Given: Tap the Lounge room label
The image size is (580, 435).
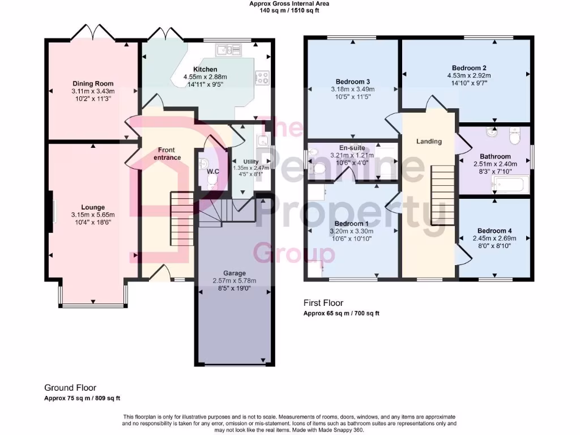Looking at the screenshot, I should coord(93,207).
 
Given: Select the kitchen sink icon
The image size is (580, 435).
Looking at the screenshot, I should coord(229,50).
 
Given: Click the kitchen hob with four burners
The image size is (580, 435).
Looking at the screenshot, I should coord(262,78).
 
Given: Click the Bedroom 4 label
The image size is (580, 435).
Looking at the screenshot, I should coord(494,231).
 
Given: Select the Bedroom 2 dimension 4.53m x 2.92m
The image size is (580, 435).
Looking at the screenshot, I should coord(467,75).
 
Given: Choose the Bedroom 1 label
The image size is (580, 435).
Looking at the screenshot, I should coord(352,224).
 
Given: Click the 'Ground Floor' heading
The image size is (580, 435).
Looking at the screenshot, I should coord(70,387).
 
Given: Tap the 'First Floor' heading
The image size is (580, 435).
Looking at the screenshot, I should coord(323,303).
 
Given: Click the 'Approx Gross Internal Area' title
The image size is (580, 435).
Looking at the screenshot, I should coord(289,3).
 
